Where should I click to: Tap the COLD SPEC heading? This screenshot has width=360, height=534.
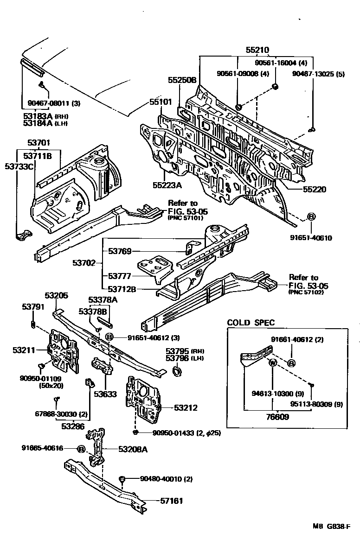click(251, 323)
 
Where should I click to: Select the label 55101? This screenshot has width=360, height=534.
click(161, 102)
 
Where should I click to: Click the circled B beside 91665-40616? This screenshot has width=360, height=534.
click(81, 449)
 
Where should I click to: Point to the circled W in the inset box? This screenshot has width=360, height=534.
click(273, 362)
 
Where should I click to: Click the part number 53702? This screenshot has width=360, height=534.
click(84, 263)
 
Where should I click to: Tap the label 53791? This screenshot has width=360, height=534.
click(33, 306)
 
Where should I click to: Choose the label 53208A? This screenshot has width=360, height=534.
click(133, 449)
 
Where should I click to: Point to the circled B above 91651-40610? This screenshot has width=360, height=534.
click(311, 217)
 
